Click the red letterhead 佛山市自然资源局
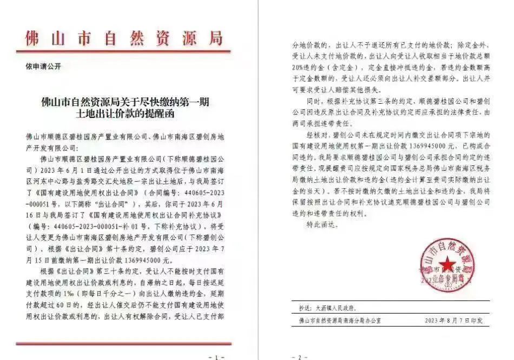point(124,38)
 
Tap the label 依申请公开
point(44,66)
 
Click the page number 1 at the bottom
point(216,356)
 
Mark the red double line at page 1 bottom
point(124,343)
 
